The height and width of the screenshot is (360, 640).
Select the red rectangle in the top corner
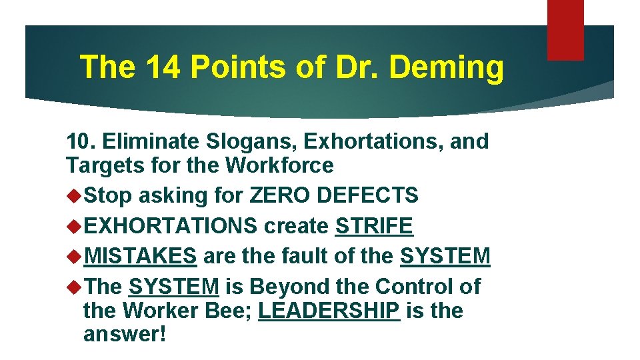pyautogui.click(x=565, y=30)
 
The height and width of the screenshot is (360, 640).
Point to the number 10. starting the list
pyautogui.click(x=81, y=141)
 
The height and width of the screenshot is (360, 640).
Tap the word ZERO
pyautogui.click(x=279, y=195)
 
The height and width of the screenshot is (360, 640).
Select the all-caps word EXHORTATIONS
pyautogui.click(x=171, y=226)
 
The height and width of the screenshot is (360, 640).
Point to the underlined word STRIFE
pyautogui.click(x=374, y=226)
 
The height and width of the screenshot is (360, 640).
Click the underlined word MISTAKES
pyautogui.click(x=141, y=256)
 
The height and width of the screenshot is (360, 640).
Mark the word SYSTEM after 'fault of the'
pyautogui.click(x=445, y=256)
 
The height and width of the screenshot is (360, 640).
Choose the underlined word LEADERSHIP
pyautogui.click(x=329, y=311)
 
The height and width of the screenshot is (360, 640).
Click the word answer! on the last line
pyautogui.click(x=124, y=334)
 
